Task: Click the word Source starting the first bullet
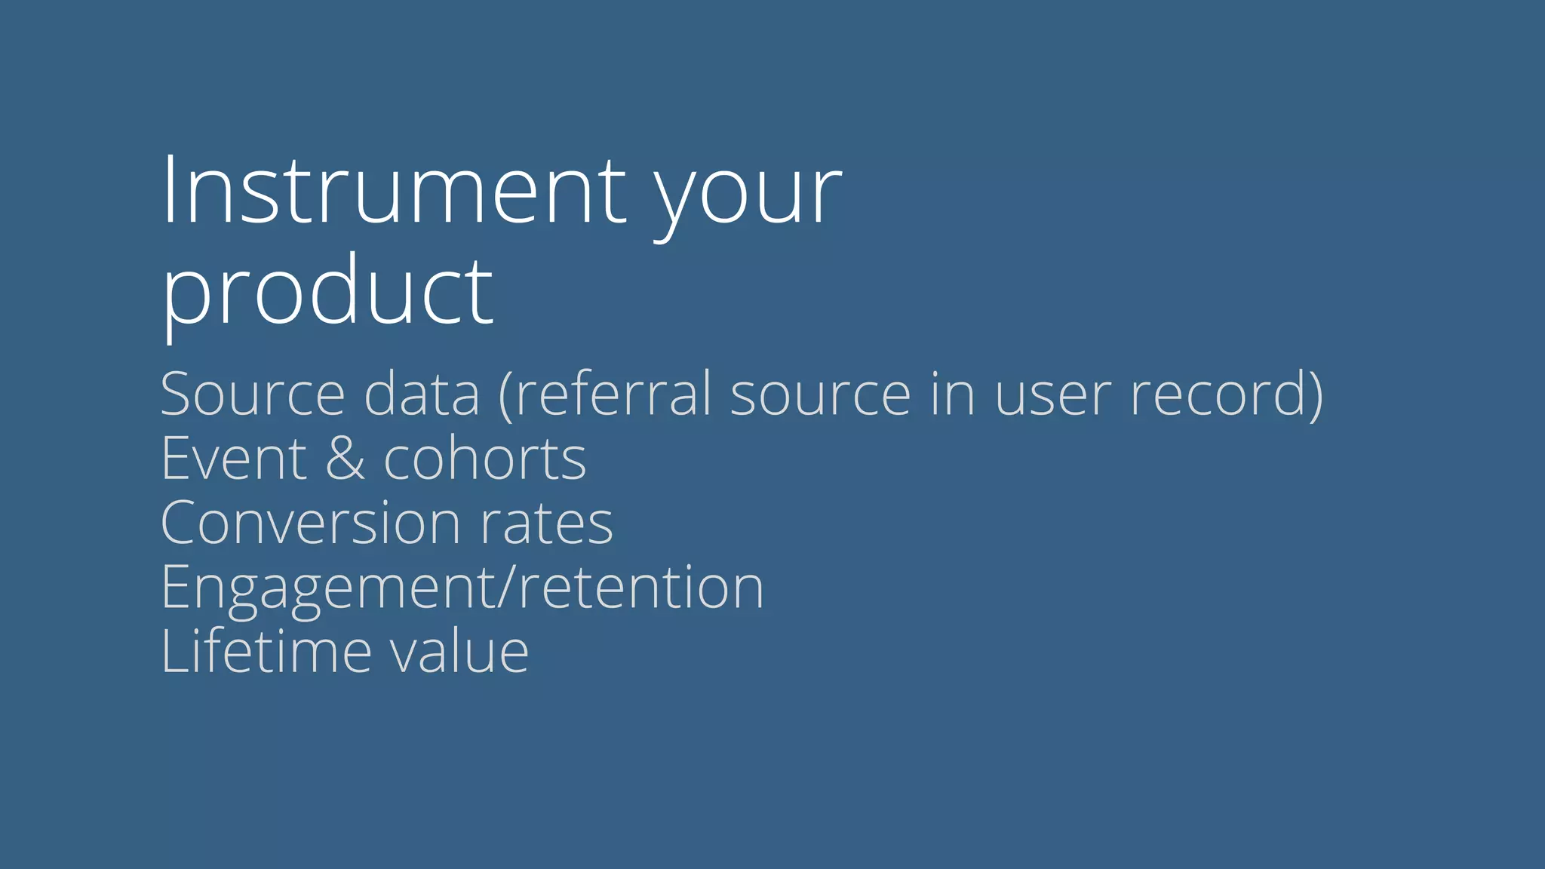tap(253, 394)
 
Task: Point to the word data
tap(422, 394)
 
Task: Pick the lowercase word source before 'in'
tap(821, 395)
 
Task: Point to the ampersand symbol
tap(345, 458)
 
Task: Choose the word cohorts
tap(484, 458)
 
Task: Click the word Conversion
tap(310, 523)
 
